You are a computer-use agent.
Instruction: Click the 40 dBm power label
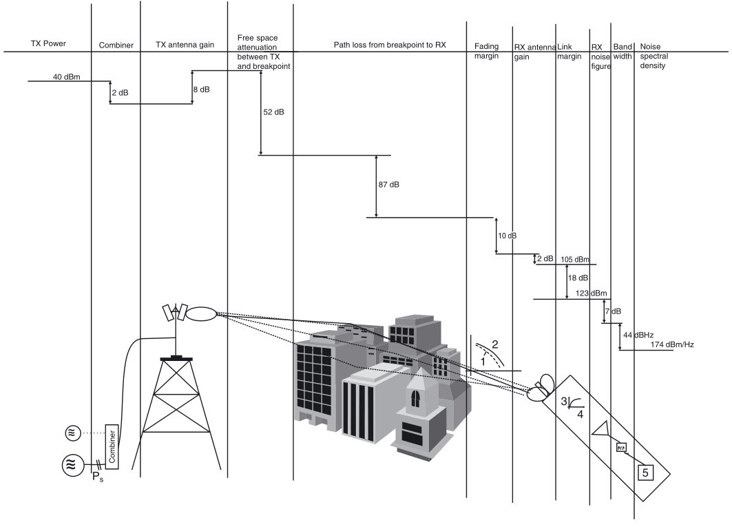click(x=67, y=76)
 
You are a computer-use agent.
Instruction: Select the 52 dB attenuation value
click(x=273, y=112)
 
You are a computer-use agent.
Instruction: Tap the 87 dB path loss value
click(x=388, y=185)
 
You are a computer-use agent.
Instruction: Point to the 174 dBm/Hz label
click(x=671, y=344)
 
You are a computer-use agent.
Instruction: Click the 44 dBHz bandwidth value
click(x=638, y=335)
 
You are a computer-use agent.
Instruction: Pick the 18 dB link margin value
click(x=578, y=278)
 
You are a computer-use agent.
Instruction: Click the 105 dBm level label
click(x=575, y=259)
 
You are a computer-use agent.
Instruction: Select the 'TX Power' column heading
click(x=48, y=44)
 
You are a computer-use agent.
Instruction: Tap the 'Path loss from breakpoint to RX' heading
click(x=380, y=45)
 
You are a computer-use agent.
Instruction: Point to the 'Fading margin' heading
click(x=487, y=51)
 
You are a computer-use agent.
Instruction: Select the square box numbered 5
click(x=645, y=472)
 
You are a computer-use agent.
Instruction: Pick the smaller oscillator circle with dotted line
click(x=73, y=433)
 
